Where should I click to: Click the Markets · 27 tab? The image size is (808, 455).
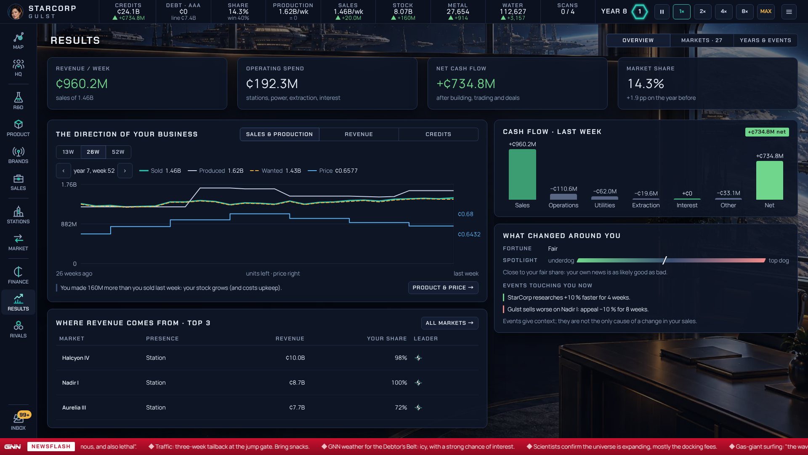(x=702, y=40)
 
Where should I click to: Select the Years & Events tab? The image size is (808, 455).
(x=765, y=40)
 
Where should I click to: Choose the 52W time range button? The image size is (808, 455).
(x=118, y=152)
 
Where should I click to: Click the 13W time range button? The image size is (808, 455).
(x=68, y=152)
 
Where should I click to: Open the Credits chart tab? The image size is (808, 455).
(x=438, y=134)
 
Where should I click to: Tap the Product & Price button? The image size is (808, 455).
(x=443, y=288)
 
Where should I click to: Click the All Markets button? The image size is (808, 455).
(x=449, y=323)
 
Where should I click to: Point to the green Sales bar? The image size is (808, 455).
(x=522, y=174)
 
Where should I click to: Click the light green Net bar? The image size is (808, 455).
(x=769, y=180)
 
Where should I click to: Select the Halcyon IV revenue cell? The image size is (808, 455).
(x=295, y=358)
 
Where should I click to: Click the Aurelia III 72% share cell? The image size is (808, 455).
(x=401, y=408)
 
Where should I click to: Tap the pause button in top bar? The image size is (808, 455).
(x=662, y=12)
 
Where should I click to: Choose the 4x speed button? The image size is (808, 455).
(x=724, y=12)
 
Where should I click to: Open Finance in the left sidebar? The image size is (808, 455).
(x=18, y=275)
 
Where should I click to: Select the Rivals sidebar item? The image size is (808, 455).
(x=18, y=329)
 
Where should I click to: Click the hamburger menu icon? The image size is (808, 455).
(x=789, y=12)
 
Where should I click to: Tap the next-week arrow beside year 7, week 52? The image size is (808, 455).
(x=125, y=171)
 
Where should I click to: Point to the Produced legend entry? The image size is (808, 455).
(x=215, y=171)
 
